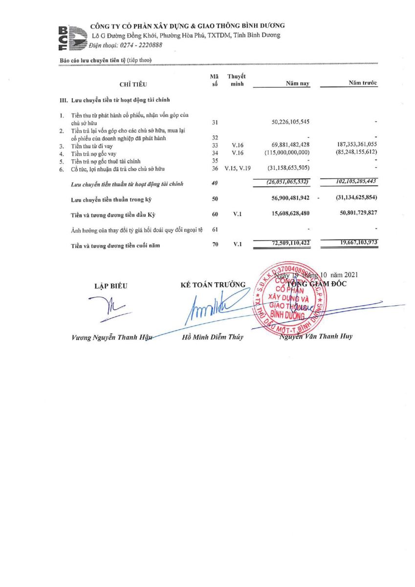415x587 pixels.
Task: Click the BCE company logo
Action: click(70, 37)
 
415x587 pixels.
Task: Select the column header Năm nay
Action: click(298, 84)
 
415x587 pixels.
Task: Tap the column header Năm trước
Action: click(363, 83)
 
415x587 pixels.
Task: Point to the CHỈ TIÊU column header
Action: click(133, 85)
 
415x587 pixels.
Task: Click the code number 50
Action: click(215, 199)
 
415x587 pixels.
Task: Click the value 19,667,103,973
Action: click(352, 243)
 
